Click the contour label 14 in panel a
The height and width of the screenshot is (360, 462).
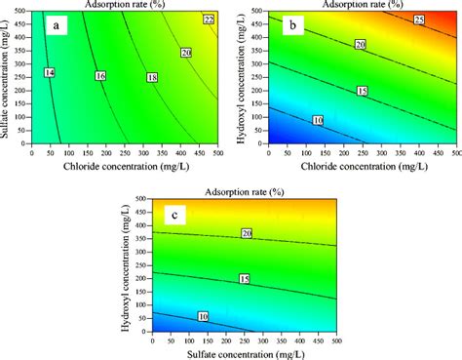pyautogui.click(x=50, y=73)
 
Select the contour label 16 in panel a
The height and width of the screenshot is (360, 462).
pyautogui.click(x=99, y=75)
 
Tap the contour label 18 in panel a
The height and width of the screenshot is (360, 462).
pyautogui.click(x=151, y=76)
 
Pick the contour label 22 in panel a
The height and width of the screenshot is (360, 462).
pyautogui.click(x=209, y=20)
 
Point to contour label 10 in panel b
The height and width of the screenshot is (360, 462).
pyautogui.click(x=318, y=120)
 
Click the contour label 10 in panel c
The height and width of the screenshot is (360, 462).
pyautogui.click(x=203, y=316)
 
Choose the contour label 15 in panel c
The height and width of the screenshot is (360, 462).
pyautogui.click(x=244, y=279)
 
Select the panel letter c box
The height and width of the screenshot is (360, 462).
pyautogui.click(x=171, y=214)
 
